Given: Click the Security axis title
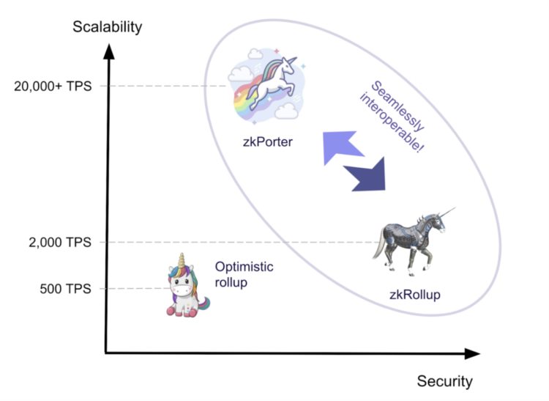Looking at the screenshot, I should (x=444, y=381).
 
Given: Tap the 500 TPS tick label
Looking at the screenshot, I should (x=64, y=288).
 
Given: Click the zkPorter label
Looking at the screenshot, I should (x=268, y=141).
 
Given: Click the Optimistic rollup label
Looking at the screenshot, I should (x=244, y=275).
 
